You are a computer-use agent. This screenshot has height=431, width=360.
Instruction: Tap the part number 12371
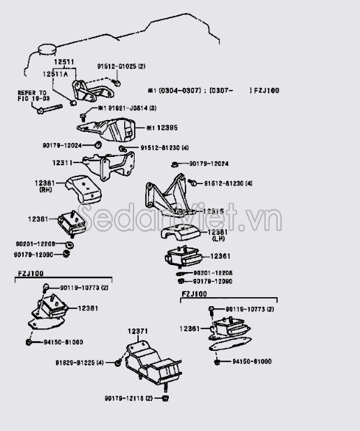tap(139, 332)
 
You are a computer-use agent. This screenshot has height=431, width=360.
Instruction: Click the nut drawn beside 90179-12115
tap(167, 398)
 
